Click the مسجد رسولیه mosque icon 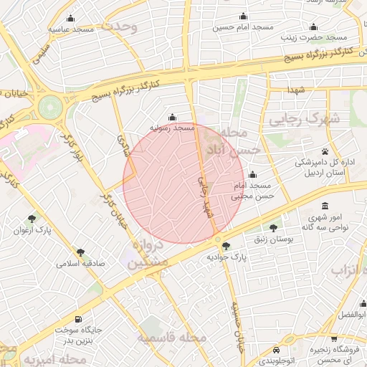171,117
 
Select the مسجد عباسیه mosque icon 70,19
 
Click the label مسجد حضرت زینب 313,37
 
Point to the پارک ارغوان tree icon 32,218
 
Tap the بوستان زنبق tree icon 272,228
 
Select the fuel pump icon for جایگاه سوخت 77,320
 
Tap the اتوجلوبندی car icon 277,351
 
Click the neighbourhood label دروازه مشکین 150,254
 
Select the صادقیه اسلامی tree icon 80,252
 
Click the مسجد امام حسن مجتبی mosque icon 252,174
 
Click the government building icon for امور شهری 325,206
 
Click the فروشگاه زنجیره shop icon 333,338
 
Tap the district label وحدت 119,27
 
